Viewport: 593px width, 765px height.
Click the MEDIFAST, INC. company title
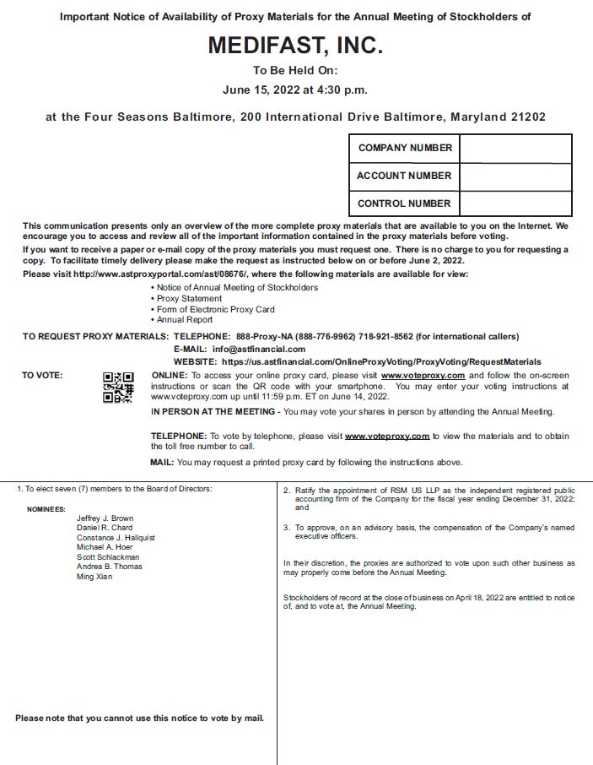coord(295,45)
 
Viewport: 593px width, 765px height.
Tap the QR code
coord(118,387)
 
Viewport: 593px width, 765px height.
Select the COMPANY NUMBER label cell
coord(405,148)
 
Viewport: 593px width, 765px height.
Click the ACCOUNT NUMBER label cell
coord(404,176)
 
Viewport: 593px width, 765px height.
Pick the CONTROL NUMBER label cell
coord(404,203)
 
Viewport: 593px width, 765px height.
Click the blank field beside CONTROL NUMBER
coord(515,203)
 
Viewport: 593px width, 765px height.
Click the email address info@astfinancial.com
coord(259,349)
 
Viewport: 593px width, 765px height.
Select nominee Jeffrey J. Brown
coord(105,518)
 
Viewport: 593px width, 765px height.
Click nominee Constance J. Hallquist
coord(116,538)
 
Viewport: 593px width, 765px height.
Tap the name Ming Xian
coord(94,577)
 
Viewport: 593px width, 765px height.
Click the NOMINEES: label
coord(46,509)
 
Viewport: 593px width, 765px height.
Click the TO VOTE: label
coord(42,375)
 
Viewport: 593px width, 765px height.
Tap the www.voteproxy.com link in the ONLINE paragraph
coord(423,375)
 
